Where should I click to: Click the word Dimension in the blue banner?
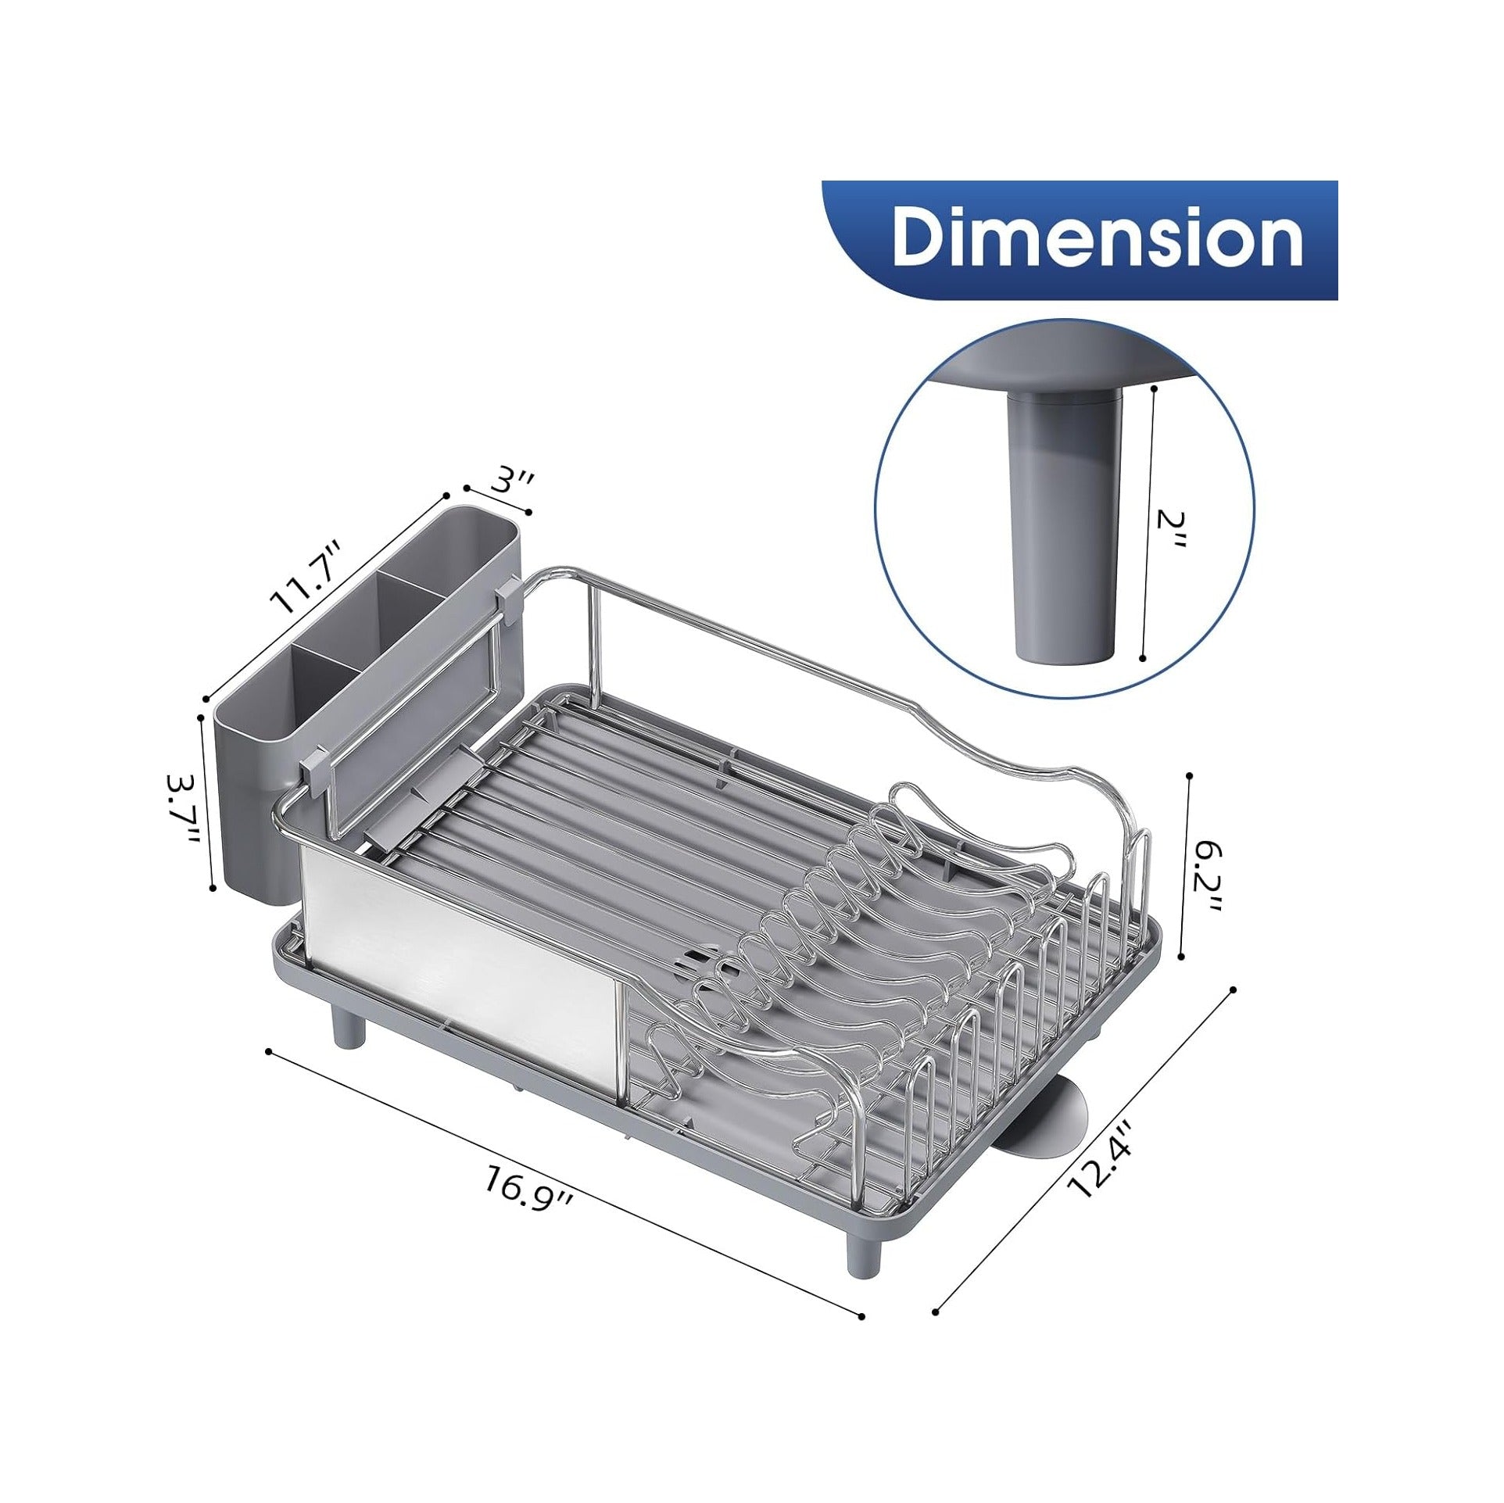coord(1098,235)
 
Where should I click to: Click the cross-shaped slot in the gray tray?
coord(707,966)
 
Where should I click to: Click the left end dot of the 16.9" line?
coord(268,1051)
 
